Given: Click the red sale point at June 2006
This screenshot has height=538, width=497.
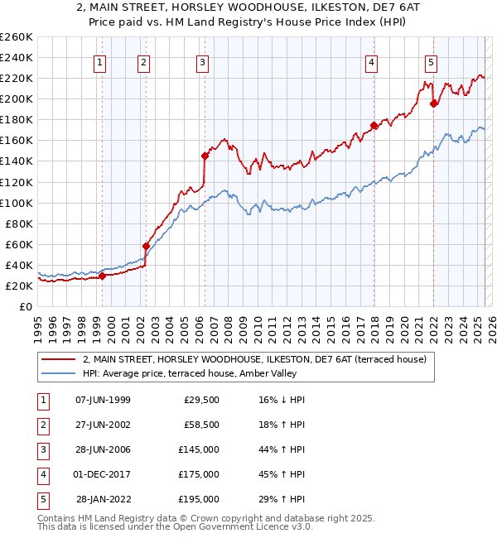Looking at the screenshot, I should [205, 155].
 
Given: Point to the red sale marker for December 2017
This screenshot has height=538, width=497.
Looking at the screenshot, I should [374, 126].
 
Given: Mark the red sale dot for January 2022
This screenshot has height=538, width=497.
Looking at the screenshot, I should [434, 103].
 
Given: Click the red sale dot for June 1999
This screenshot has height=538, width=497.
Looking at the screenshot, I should [103, 276].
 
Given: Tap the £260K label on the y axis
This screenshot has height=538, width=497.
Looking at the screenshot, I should [16, 37].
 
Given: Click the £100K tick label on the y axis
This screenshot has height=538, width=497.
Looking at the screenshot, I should [16, 203].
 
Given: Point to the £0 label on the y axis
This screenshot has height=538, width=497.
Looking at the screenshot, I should [26, 306].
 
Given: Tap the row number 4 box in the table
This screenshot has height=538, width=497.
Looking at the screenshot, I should [41, 474].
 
